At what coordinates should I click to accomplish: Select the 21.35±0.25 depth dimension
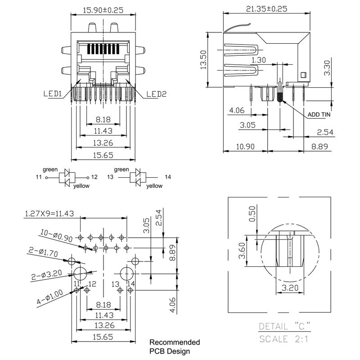267,9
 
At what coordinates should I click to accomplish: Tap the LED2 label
156,94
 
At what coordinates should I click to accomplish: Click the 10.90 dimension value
245,147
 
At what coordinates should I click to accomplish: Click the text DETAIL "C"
284,326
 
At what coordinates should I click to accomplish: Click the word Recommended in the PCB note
175,342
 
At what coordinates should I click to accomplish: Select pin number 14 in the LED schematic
168,177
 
